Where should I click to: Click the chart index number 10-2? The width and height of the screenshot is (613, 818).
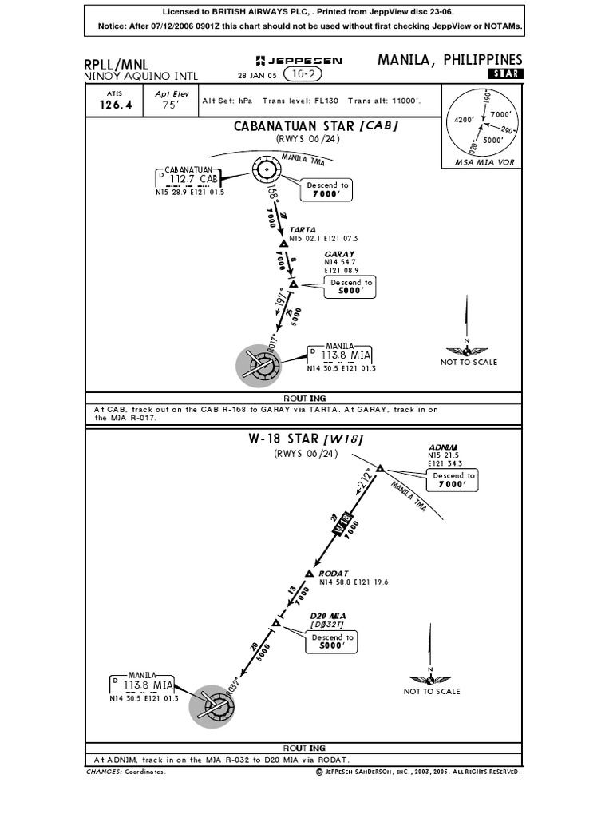pyautogui.click(x=296, y=75)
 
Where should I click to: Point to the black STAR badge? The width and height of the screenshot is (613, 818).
pyautogui.click(x=504, y=74)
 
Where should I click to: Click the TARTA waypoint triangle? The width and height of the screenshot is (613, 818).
pyautogui.click(x=283, y=244)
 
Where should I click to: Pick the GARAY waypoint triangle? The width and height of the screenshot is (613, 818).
pyautogui.click(x=293, y=284)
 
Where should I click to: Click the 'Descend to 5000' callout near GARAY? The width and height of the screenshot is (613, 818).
pyautogui.click(x=351, y=287)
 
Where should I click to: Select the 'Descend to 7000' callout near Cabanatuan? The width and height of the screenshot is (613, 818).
pyautogui.click(x=327, y=189)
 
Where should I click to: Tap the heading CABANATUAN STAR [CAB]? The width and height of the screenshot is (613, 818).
pyautogui.click(x=315, y=125)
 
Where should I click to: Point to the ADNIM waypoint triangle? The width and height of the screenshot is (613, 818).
pyautogui.click(x=380, y=468)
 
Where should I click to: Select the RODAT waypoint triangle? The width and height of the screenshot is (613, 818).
pyautogui.click(x=310, y=574)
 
